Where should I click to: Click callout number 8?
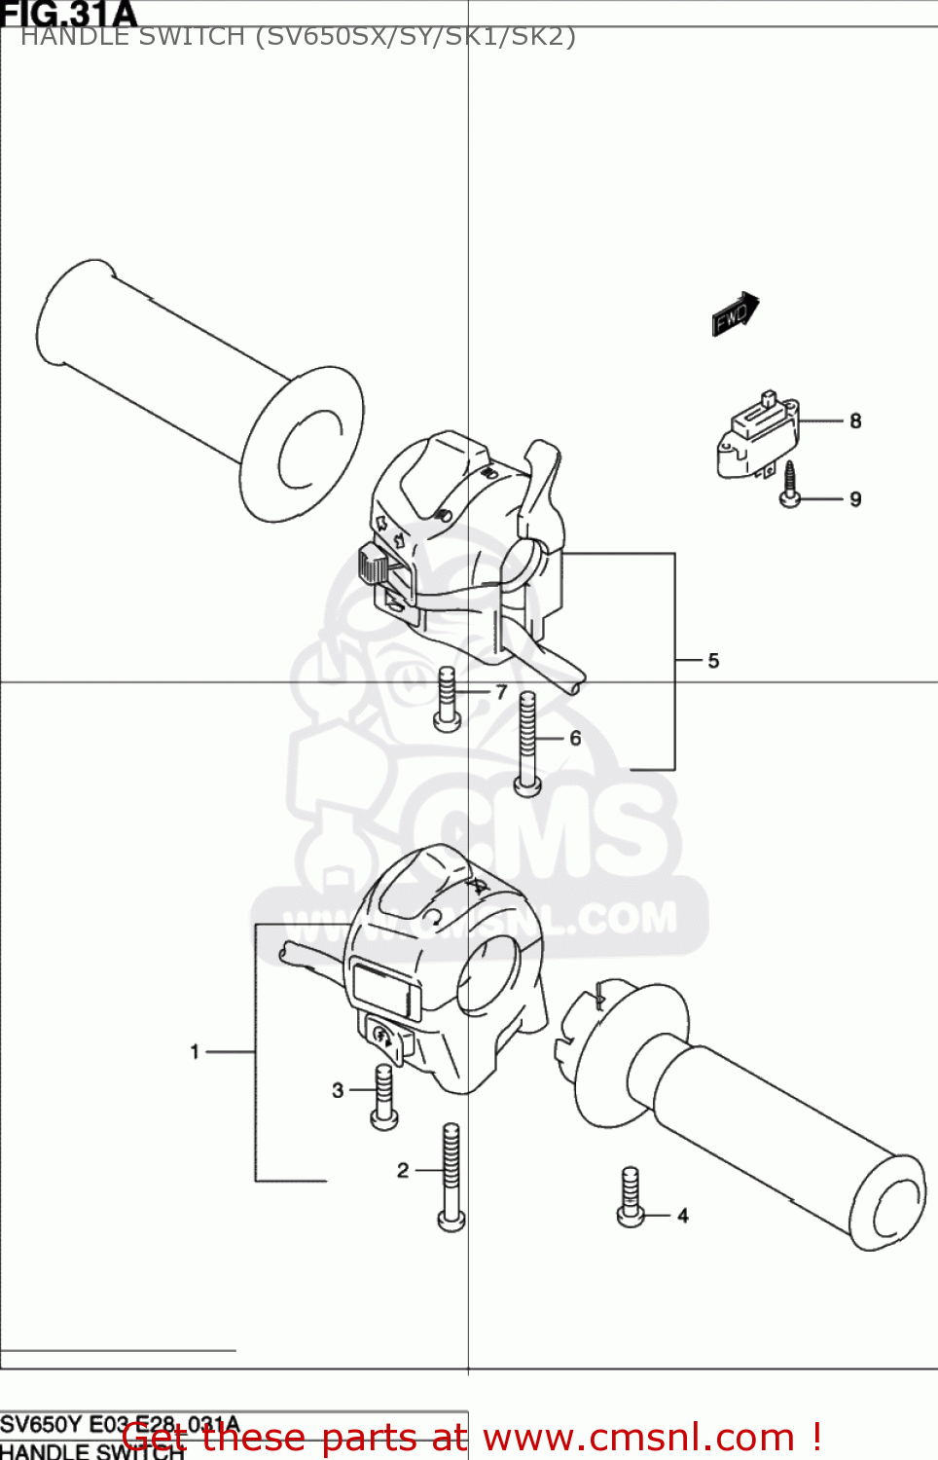[855, 421]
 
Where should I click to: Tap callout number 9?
[855, 499]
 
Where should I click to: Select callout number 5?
[713, 661]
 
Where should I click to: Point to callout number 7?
[501, 692]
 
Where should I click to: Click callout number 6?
[575, 739]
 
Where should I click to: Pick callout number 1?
[195, 1051]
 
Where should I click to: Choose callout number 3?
[338, 1090]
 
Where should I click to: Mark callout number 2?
[403, 1170]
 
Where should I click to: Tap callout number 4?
[683, 1216]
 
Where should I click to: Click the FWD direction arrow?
[735, 314]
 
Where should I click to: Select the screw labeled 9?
[790, 485]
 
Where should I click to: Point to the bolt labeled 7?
[448, 699]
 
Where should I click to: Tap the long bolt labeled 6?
[527, 743]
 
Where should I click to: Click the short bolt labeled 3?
[384, 1096]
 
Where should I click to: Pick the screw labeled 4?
[631, 1196]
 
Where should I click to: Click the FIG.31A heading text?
[68, 14]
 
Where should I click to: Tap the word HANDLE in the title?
[64, 37]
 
